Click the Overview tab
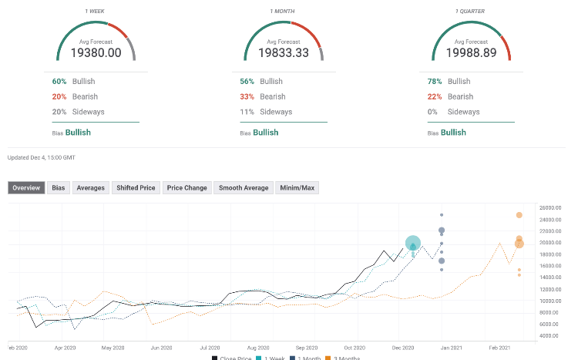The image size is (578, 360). pos(27,187)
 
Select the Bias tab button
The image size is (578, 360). pos(59,187)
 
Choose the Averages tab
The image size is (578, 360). pos(90,187)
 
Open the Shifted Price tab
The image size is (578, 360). pos(136,187)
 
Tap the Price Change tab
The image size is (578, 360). pos(187,187)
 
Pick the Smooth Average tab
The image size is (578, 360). pos(244,187)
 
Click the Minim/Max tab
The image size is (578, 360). pos(296,187)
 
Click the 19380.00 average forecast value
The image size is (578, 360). pos(96,52)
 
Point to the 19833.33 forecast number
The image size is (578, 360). pos(284,52)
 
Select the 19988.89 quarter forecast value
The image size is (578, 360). pos(471,52)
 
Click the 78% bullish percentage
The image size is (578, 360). pos(435,81)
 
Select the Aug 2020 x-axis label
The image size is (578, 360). pos(258,348)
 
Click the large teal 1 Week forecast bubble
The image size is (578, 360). pos(413,244)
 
